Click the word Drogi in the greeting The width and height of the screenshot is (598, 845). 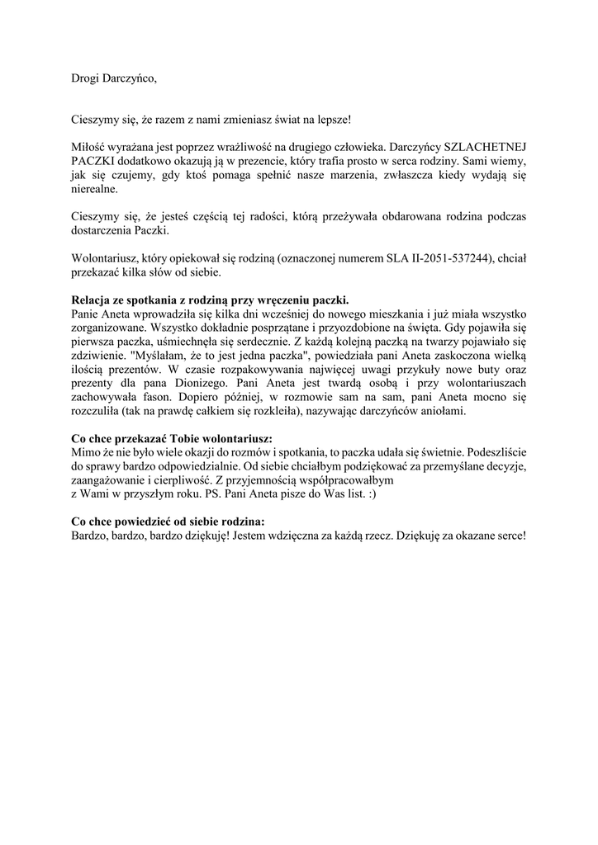pos(84,79)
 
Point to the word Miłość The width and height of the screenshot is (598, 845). pos(88,145)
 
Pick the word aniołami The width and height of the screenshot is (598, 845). pos(443,412)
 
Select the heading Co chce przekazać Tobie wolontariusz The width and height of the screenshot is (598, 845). pos(171,438)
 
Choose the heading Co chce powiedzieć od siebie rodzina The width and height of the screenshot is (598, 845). pos(168,522)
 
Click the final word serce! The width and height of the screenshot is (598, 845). pos(506,536)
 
